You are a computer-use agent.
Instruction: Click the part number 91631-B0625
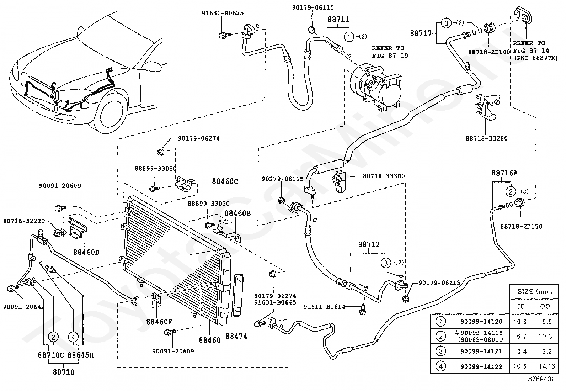click(x=223, y=13)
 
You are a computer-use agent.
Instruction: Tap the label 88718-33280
click(x=486, y=138)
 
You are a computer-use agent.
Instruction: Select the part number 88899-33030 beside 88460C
click(x=156, y=168)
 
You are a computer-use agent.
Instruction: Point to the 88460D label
click(x=86, y=252)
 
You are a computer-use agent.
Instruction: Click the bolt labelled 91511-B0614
click(x=362, y=309)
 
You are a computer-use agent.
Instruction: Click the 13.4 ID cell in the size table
click(x=520, y=351)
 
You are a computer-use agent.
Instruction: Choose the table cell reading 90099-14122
click(x=481, y=366)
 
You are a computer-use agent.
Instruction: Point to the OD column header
click(x=545, y=307)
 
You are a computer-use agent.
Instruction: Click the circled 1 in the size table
click(x=441, y=322)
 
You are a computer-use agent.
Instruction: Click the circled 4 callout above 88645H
click(x=73, y=337)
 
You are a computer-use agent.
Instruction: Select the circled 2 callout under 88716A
click(x=511, y=191)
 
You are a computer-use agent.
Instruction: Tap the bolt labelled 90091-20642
click(x=12, y=289)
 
